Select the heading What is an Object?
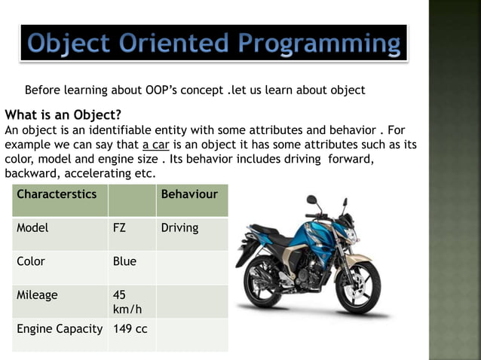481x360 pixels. (x=63, y=115)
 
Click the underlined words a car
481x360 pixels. (x=156, y=144)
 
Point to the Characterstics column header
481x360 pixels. (x=57, y=194)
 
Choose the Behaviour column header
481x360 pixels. (x=189, y=194)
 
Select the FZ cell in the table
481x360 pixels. (x=119, y=227)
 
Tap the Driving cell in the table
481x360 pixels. (x=179, y=227)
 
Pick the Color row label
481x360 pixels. (x=31, y=261)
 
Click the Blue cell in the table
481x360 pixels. (x=124, y=261)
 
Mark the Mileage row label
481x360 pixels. (x=37, y=295)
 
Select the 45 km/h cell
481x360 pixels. (x=124, y=302)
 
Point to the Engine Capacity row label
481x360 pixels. (x=60, y=329)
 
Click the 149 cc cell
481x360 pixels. (x=130, y=329)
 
